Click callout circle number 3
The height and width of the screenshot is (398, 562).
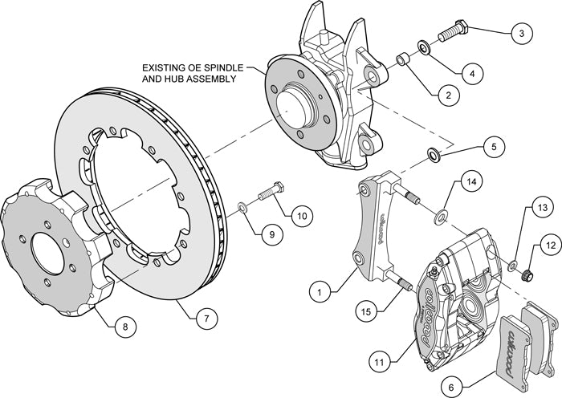[521, 34]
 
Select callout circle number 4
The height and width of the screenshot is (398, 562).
[472, 73]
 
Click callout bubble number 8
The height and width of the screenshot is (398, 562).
[124, 327]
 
